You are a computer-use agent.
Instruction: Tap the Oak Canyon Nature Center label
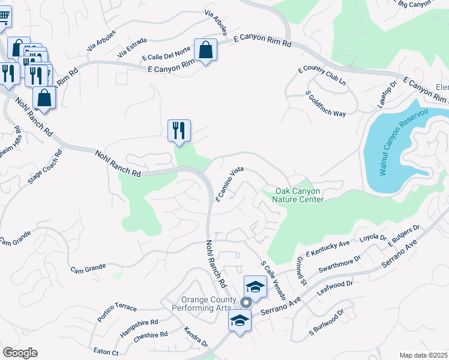point(299,196)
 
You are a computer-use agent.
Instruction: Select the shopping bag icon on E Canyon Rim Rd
point(205,51)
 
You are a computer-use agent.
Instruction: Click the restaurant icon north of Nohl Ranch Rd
point(179,130)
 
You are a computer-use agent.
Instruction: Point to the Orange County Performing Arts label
point(206,304)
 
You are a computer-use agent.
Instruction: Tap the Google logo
point(20,352)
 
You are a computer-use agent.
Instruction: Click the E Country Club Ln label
point(322,76)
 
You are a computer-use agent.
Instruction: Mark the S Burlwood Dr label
point(327,322)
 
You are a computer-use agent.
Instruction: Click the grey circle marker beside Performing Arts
point(245,302)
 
